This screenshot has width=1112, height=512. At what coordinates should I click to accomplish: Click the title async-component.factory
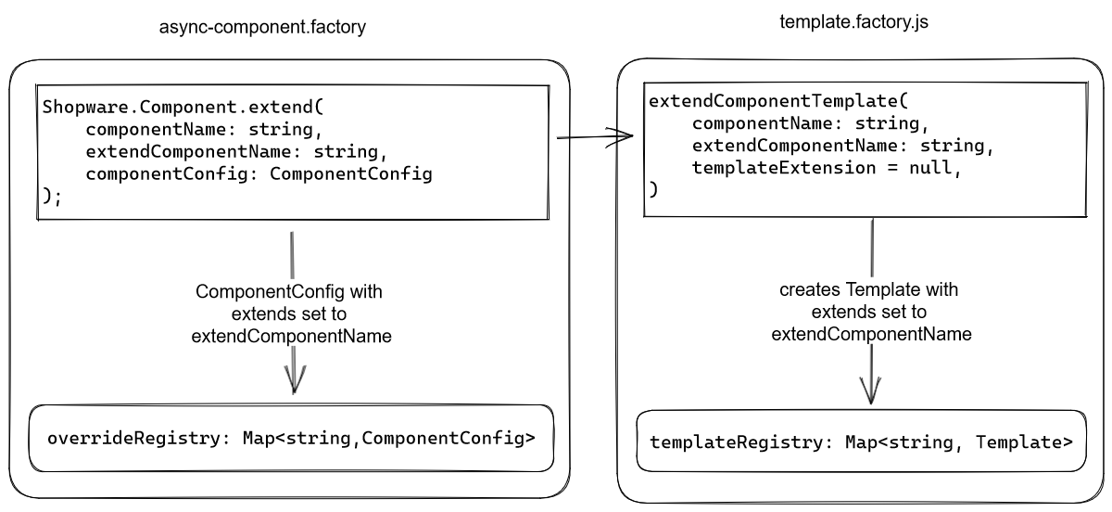click(x=263, y=28)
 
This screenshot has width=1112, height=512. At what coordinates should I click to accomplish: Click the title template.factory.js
click(x=853, y=21)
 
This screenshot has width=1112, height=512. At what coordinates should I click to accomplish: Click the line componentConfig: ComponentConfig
click(x=259, y=174)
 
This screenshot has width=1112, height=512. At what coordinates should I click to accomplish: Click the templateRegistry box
click(x=860, y=442)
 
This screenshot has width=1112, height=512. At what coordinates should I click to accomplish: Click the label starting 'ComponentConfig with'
click(x=291, y=314)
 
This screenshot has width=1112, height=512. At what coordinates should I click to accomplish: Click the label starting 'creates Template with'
click(x=870, y=313)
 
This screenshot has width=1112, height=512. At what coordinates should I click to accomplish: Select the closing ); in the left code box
click(x=52, y=197)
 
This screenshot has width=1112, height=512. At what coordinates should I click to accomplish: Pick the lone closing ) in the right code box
click(x=653, y=189)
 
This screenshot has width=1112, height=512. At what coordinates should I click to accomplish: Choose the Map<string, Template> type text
click(x=959, y=442)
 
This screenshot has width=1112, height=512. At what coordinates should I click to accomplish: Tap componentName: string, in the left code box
click(x=203, y=129)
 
